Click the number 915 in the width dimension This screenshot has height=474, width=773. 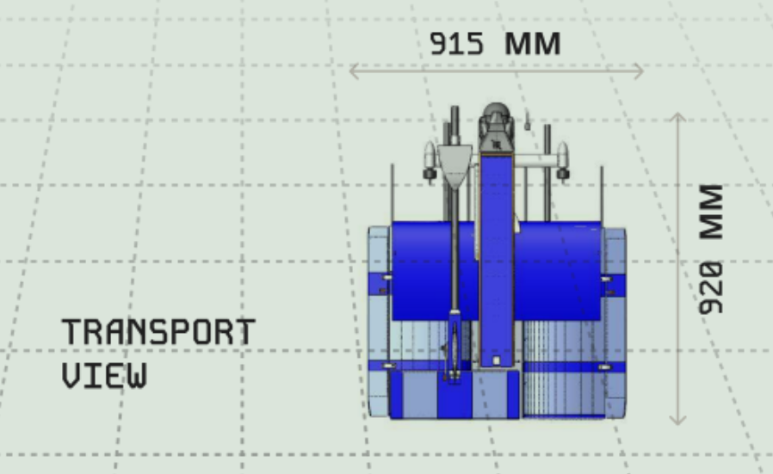[x=456, y=44]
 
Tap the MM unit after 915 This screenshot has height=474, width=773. [x=533, y=44]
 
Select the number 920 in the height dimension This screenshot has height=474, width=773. [x=711, y=288]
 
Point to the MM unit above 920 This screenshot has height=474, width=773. [x=711, y=212]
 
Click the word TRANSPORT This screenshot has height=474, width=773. [x=158, y=331]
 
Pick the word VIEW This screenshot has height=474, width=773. [x=104, y=376]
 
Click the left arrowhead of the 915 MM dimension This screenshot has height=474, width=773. [x=354, y=71]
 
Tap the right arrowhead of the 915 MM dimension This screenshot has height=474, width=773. [x=639, y=71]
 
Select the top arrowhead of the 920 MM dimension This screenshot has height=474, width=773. [x=677, y=117]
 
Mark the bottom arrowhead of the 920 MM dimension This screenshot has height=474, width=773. [x=677, y=421]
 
